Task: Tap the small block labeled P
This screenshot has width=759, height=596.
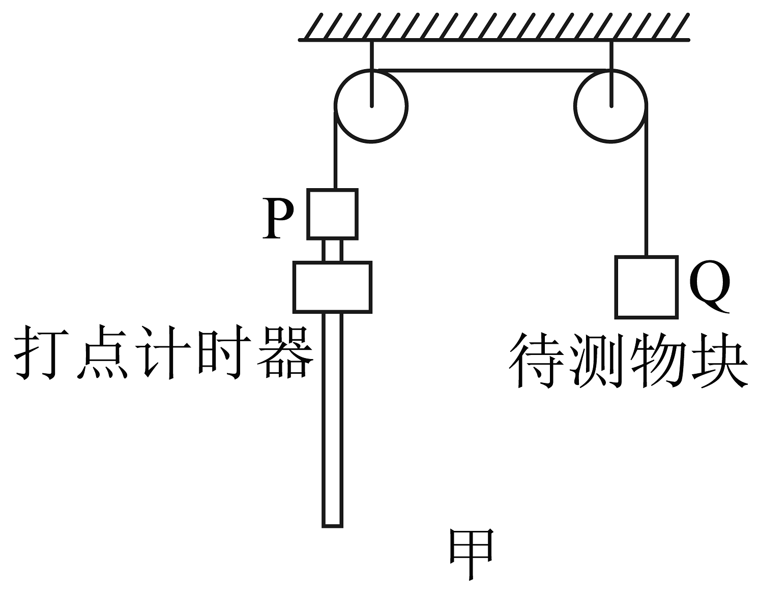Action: [332, 214]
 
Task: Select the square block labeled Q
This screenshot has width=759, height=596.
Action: [646, 287]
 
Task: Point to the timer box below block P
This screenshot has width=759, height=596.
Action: [332, 287]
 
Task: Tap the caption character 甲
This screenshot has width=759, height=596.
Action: [471, 554]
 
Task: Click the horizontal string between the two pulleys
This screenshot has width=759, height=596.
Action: [491, 70]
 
